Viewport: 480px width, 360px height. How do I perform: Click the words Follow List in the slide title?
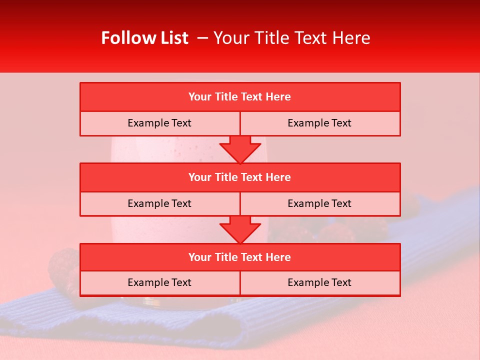click(144, 38)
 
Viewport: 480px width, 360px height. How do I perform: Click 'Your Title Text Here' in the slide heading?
click(291, 38)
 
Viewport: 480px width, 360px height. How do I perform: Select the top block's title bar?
click(239, 97)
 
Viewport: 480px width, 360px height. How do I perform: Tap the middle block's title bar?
click(239, 177)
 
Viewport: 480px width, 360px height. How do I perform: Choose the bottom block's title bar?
click(239, 257)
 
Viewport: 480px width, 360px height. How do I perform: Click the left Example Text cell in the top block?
click(159, 123)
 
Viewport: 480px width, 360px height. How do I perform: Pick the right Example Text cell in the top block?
click(319, 123)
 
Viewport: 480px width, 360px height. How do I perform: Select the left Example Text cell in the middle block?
click(159, 203)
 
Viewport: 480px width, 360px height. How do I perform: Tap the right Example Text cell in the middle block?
click(319, 203)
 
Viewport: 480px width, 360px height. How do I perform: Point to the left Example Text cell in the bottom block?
click(159, 282)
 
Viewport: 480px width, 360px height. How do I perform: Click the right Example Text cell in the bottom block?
click(319, 282)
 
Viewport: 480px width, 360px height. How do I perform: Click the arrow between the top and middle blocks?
click(240, 149)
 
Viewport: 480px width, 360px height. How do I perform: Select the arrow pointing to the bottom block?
click(240, 229)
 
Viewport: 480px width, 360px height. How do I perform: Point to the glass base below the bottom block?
click(150, 301)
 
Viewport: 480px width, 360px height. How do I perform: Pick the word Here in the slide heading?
click(353, 38)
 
